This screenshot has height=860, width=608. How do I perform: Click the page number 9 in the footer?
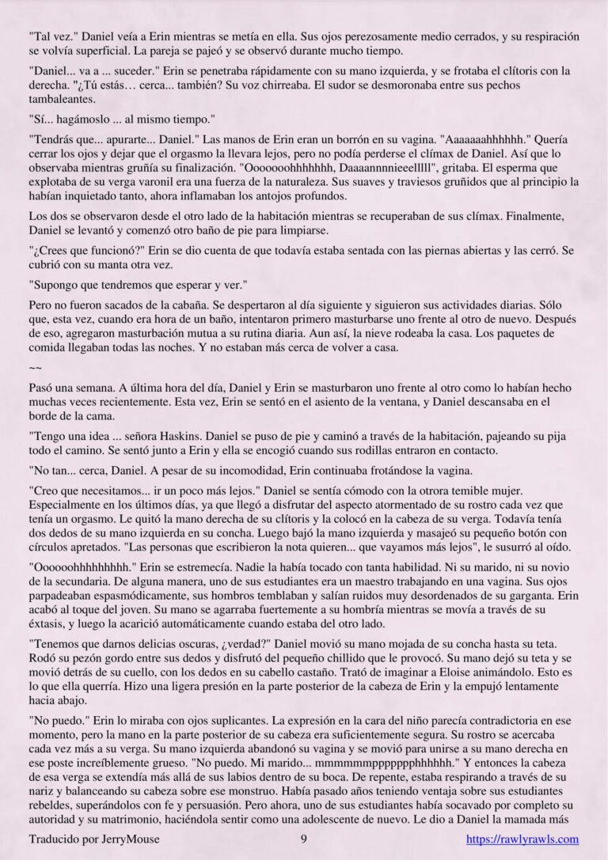pos(304,839)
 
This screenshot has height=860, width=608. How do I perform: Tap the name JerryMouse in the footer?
pos(131,839)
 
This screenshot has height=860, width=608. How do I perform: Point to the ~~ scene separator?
pos(35,368)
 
